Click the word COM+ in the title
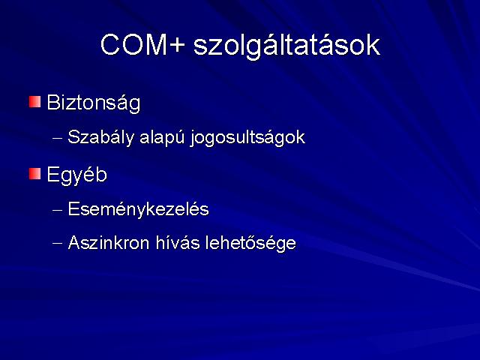(143, 45)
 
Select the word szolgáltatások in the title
(286, 46)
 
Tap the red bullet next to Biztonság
(35, 102)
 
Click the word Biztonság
(94, 103)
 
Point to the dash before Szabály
(57, 138)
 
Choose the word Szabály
(101, 137)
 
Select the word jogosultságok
(247, 137)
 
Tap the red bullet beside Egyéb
(35, 174)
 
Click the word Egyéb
(76, 175)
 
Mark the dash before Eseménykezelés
(57, 211)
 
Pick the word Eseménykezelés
(138, 210)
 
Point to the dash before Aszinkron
(57, 244)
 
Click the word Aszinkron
(109, 243)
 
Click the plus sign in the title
(177, 46)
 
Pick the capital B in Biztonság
(53, 102)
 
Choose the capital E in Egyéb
(52, 175)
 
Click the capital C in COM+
(109, 45)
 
